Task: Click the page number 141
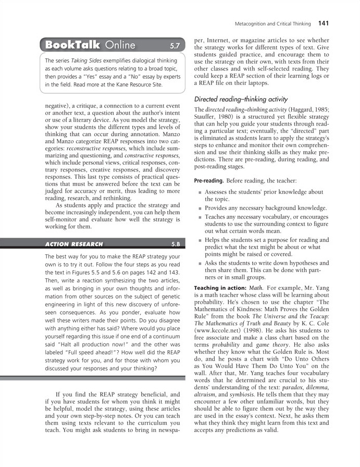324,23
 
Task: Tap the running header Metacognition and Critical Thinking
273,24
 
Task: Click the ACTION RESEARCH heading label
74,243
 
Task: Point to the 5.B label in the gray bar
176,243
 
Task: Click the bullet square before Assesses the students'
199,192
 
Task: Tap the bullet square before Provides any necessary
199,208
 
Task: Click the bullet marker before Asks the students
199,264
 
